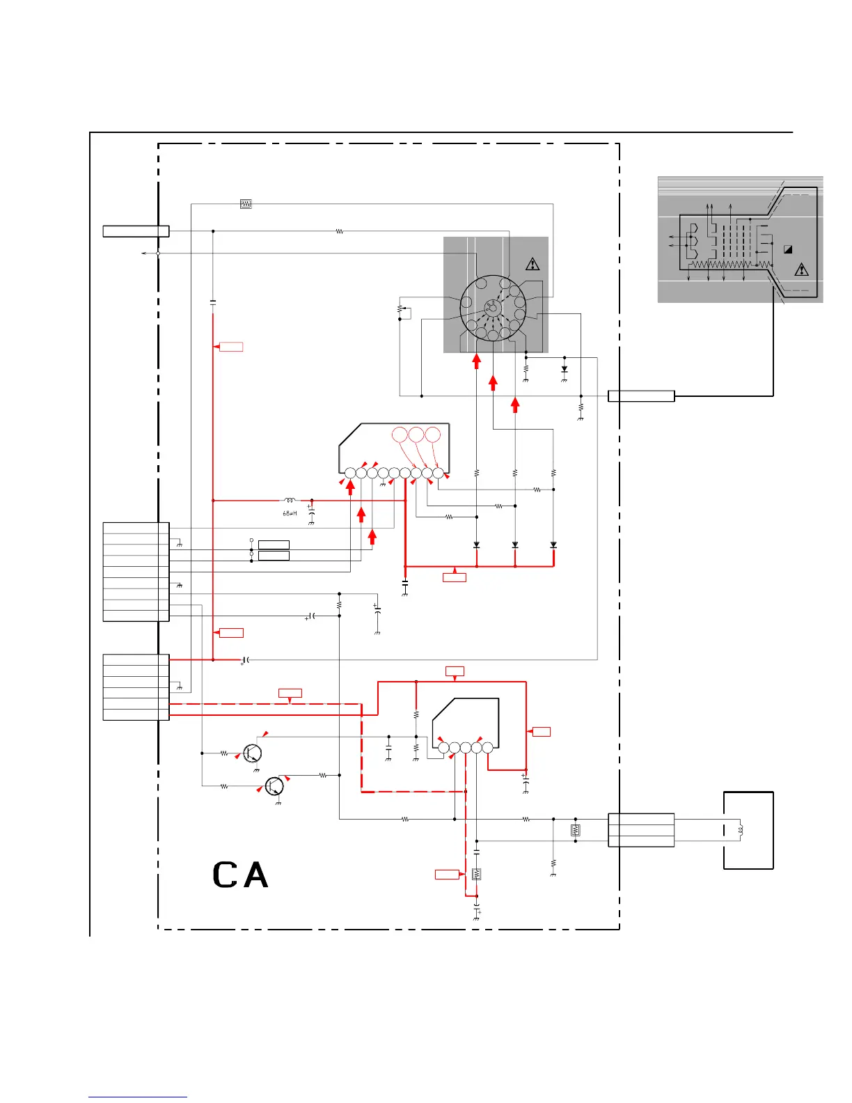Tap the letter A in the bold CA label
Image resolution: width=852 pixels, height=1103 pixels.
(255, 875)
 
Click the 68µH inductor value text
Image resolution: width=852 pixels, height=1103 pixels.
(290, 513)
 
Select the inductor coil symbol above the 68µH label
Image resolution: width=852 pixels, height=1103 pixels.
(290, 499)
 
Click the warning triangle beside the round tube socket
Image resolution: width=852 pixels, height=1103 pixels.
(532, 264)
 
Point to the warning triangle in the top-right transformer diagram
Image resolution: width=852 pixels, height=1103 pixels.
(801, 269)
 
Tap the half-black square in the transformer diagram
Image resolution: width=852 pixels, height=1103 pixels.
(788, 249)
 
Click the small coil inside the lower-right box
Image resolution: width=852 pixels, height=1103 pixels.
(741, 829)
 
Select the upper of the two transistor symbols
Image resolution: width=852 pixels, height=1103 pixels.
(253, 753)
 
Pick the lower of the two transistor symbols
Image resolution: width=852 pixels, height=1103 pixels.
(275, 786)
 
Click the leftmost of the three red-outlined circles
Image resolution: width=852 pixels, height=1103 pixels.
(400, 435)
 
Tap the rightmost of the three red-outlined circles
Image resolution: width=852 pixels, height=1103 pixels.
(433, 435)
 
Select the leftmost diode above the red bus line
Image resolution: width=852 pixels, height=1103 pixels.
(477, 545)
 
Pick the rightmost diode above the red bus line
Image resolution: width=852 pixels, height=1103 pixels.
(553, 545)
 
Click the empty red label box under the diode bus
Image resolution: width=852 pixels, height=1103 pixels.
(455, 577)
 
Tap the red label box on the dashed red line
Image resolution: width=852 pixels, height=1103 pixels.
(290, 693)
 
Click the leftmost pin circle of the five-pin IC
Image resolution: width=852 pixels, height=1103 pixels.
(443, 748)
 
